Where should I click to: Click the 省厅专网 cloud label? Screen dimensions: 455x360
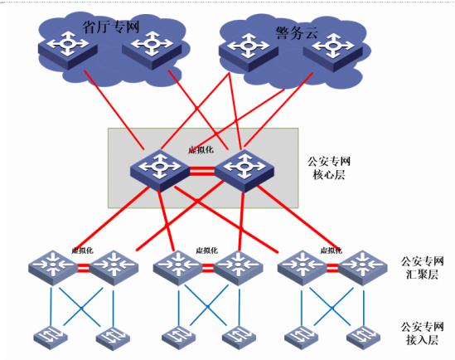111,27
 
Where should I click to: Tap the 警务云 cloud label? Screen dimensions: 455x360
297,32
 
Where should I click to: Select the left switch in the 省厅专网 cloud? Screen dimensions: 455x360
68,51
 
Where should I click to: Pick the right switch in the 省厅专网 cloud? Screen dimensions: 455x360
152,51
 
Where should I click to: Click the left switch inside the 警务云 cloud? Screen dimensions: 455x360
249,52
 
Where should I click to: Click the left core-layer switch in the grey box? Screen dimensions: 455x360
160,170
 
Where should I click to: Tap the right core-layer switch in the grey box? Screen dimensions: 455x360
244,171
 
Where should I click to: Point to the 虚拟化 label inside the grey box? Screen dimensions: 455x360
201,150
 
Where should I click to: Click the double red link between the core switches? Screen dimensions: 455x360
202,171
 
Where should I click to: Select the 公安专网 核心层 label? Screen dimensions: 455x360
329,168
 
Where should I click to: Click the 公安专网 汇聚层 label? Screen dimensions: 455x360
422,268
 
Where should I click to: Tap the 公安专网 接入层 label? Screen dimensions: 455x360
422,333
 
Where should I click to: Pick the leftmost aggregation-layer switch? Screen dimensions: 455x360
53,268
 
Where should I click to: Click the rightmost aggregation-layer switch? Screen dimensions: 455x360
363,268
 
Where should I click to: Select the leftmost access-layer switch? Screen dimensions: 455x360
51,338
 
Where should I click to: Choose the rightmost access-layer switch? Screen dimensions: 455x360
363,338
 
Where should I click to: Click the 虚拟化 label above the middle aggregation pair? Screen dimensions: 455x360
206,251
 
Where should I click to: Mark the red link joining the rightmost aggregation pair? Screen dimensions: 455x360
332,268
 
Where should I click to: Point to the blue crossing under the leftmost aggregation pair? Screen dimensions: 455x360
82,308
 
